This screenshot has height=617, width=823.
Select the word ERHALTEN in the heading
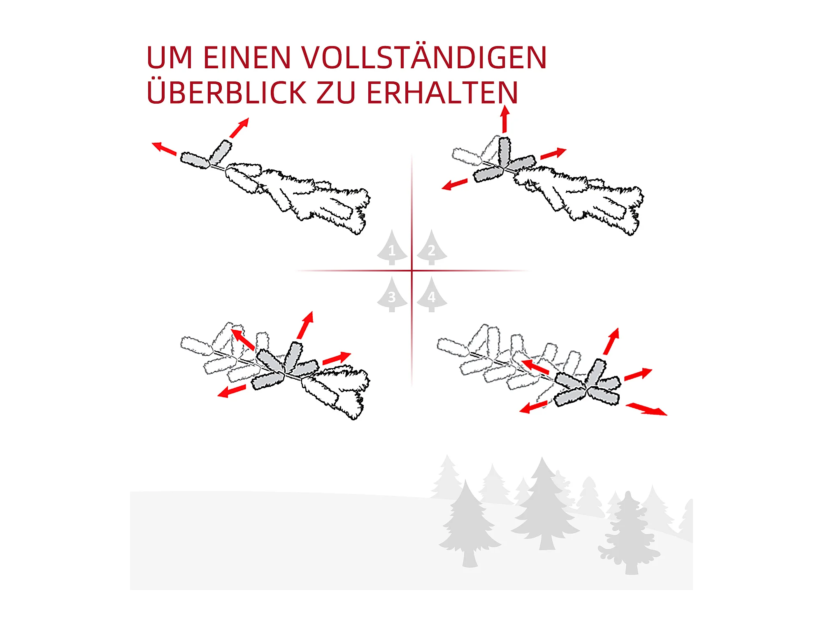point(442,93)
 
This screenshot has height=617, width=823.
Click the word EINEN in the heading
point(247,58)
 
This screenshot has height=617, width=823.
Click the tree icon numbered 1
point(392,247)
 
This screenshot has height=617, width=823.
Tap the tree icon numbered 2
point(432,247)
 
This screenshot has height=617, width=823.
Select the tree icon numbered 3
point(392,295)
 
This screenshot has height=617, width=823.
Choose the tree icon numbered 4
point(432,295)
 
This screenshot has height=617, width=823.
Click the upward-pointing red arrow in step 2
point(505,119)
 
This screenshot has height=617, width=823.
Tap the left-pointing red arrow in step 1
point(164,148)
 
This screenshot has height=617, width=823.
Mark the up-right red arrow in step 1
point(239,128)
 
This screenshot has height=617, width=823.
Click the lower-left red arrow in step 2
point(454,184)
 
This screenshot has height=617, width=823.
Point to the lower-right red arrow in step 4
point(646,409)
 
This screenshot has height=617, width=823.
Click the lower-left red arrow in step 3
point(232,391)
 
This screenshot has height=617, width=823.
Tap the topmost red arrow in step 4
point(611,341)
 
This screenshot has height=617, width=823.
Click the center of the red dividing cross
point(412,271)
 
